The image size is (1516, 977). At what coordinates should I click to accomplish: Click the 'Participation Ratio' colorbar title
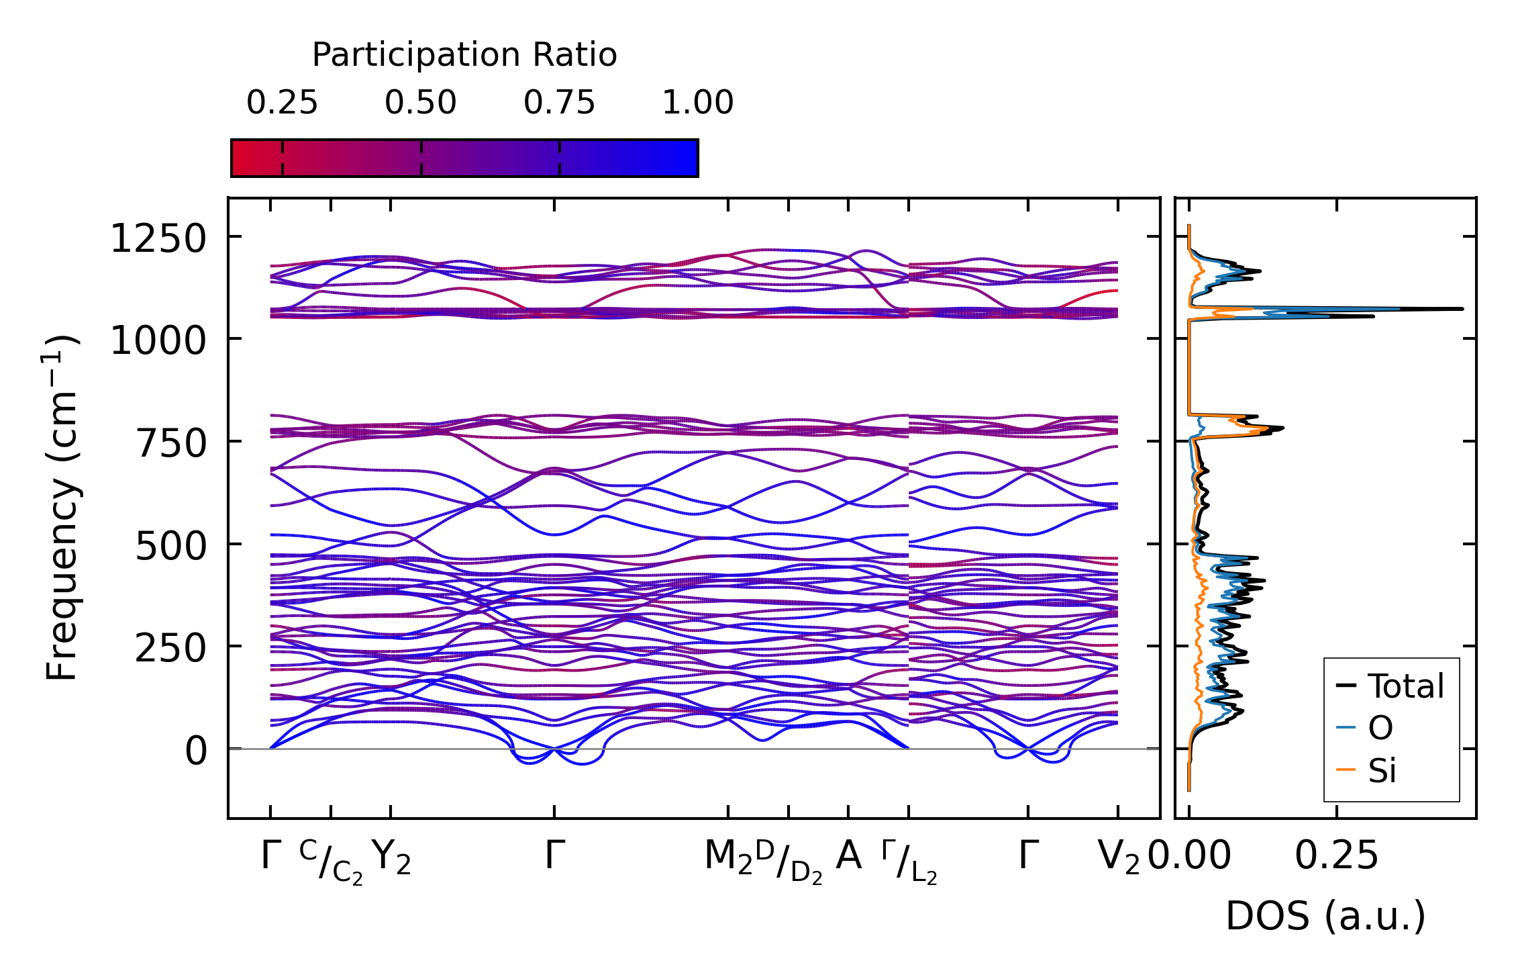point(464,55)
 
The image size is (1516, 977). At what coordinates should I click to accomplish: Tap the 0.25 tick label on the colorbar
point(282,103)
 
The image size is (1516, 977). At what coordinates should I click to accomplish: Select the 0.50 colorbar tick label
point(421,103)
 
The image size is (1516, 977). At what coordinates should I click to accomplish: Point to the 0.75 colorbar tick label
point(560,103)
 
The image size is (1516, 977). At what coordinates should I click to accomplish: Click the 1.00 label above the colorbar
point(698,103)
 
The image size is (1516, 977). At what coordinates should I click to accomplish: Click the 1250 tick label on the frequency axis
point(158,238)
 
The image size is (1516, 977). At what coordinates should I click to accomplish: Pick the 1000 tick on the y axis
point(158,340)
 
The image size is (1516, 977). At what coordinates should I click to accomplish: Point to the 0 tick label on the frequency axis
point(196,751)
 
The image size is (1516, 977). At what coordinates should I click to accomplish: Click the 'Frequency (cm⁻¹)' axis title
point(62,508)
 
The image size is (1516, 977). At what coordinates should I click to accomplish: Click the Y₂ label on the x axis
point(391,857)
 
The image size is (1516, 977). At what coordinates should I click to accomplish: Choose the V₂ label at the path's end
point(1118,857)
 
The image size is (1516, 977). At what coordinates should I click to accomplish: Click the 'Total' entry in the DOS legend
point(1406,686)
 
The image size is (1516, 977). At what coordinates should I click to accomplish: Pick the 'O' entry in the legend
point(1380,728)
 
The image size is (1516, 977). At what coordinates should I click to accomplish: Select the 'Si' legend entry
point(1382,770)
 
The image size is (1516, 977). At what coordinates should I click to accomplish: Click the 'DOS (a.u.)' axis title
point(1325,916)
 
